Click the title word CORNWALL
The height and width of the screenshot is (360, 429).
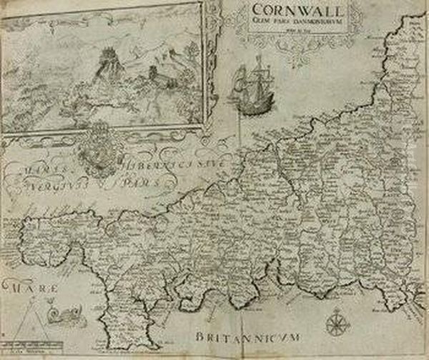[x=295, y=12]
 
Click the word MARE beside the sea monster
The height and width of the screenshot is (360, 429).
[x=21, y=290]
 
